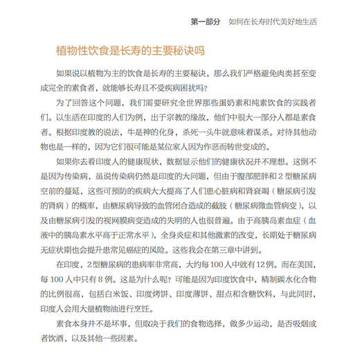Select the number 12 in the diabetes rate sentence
(x=253, y=263)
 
